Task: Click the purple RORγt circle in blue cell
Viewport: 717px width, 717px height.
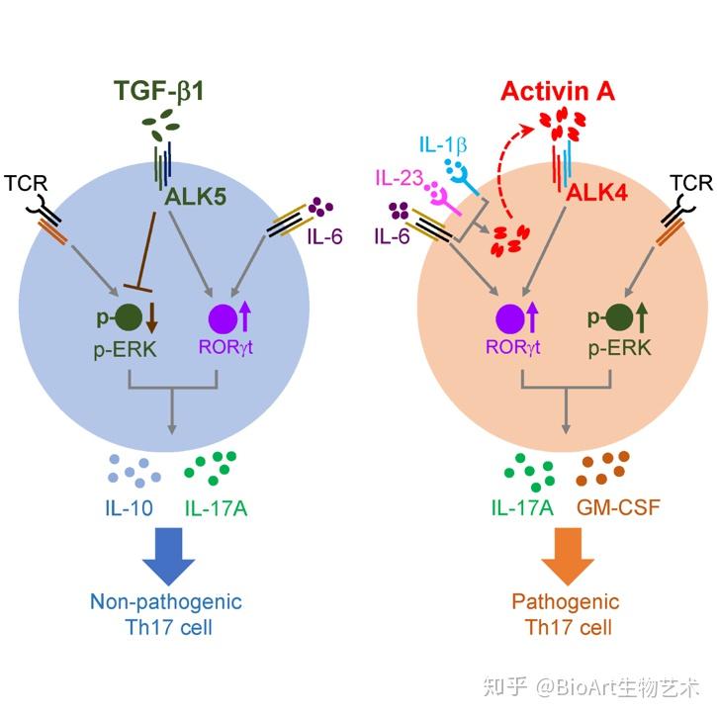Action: (224, 319)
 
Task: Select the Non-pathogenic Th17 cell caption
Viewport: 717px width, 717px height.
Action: (165, 613)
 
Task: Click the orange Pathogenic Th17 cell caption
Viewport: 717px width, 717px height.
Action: (566, 613)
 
